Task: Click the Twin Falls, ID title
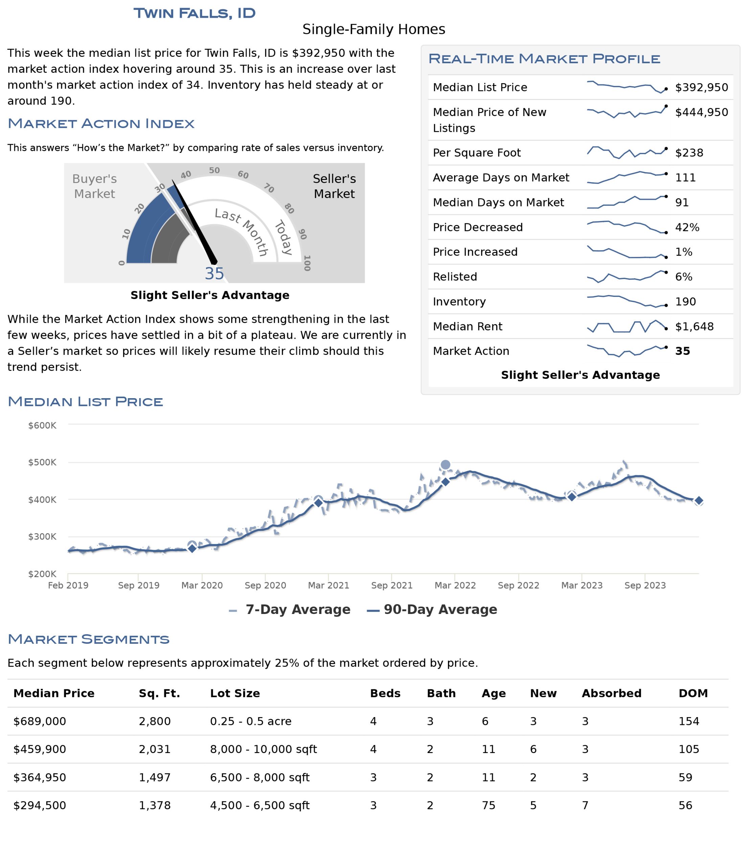(195, 13)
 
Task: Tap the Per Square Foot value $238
(689, 153)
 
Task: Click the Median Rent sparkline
(627, 326)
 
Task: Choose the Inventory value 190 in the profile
(685, 301)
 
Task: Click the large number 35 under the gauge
(214, 274)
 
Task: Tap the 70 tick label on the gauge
(269, 188)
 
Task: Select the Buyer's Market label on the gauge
(94, 186)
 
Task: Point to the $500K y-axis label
(42, 462)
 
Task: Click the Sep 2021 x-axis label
(392, 585)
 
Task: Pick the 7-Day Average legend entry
(289, 609)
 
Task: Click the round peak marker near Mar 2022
(445, 465)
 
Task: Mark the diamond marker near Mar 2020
(192, 548)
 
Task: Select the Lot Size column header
(235, 693)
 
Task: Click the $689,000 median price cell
(40, 721)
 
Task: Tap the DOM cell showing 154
(688, 721)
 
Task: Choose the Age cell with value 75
(488, 805)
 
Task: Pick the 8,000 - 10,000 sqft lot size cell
(263, 749)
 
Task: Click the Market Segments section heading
(89, 639)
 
